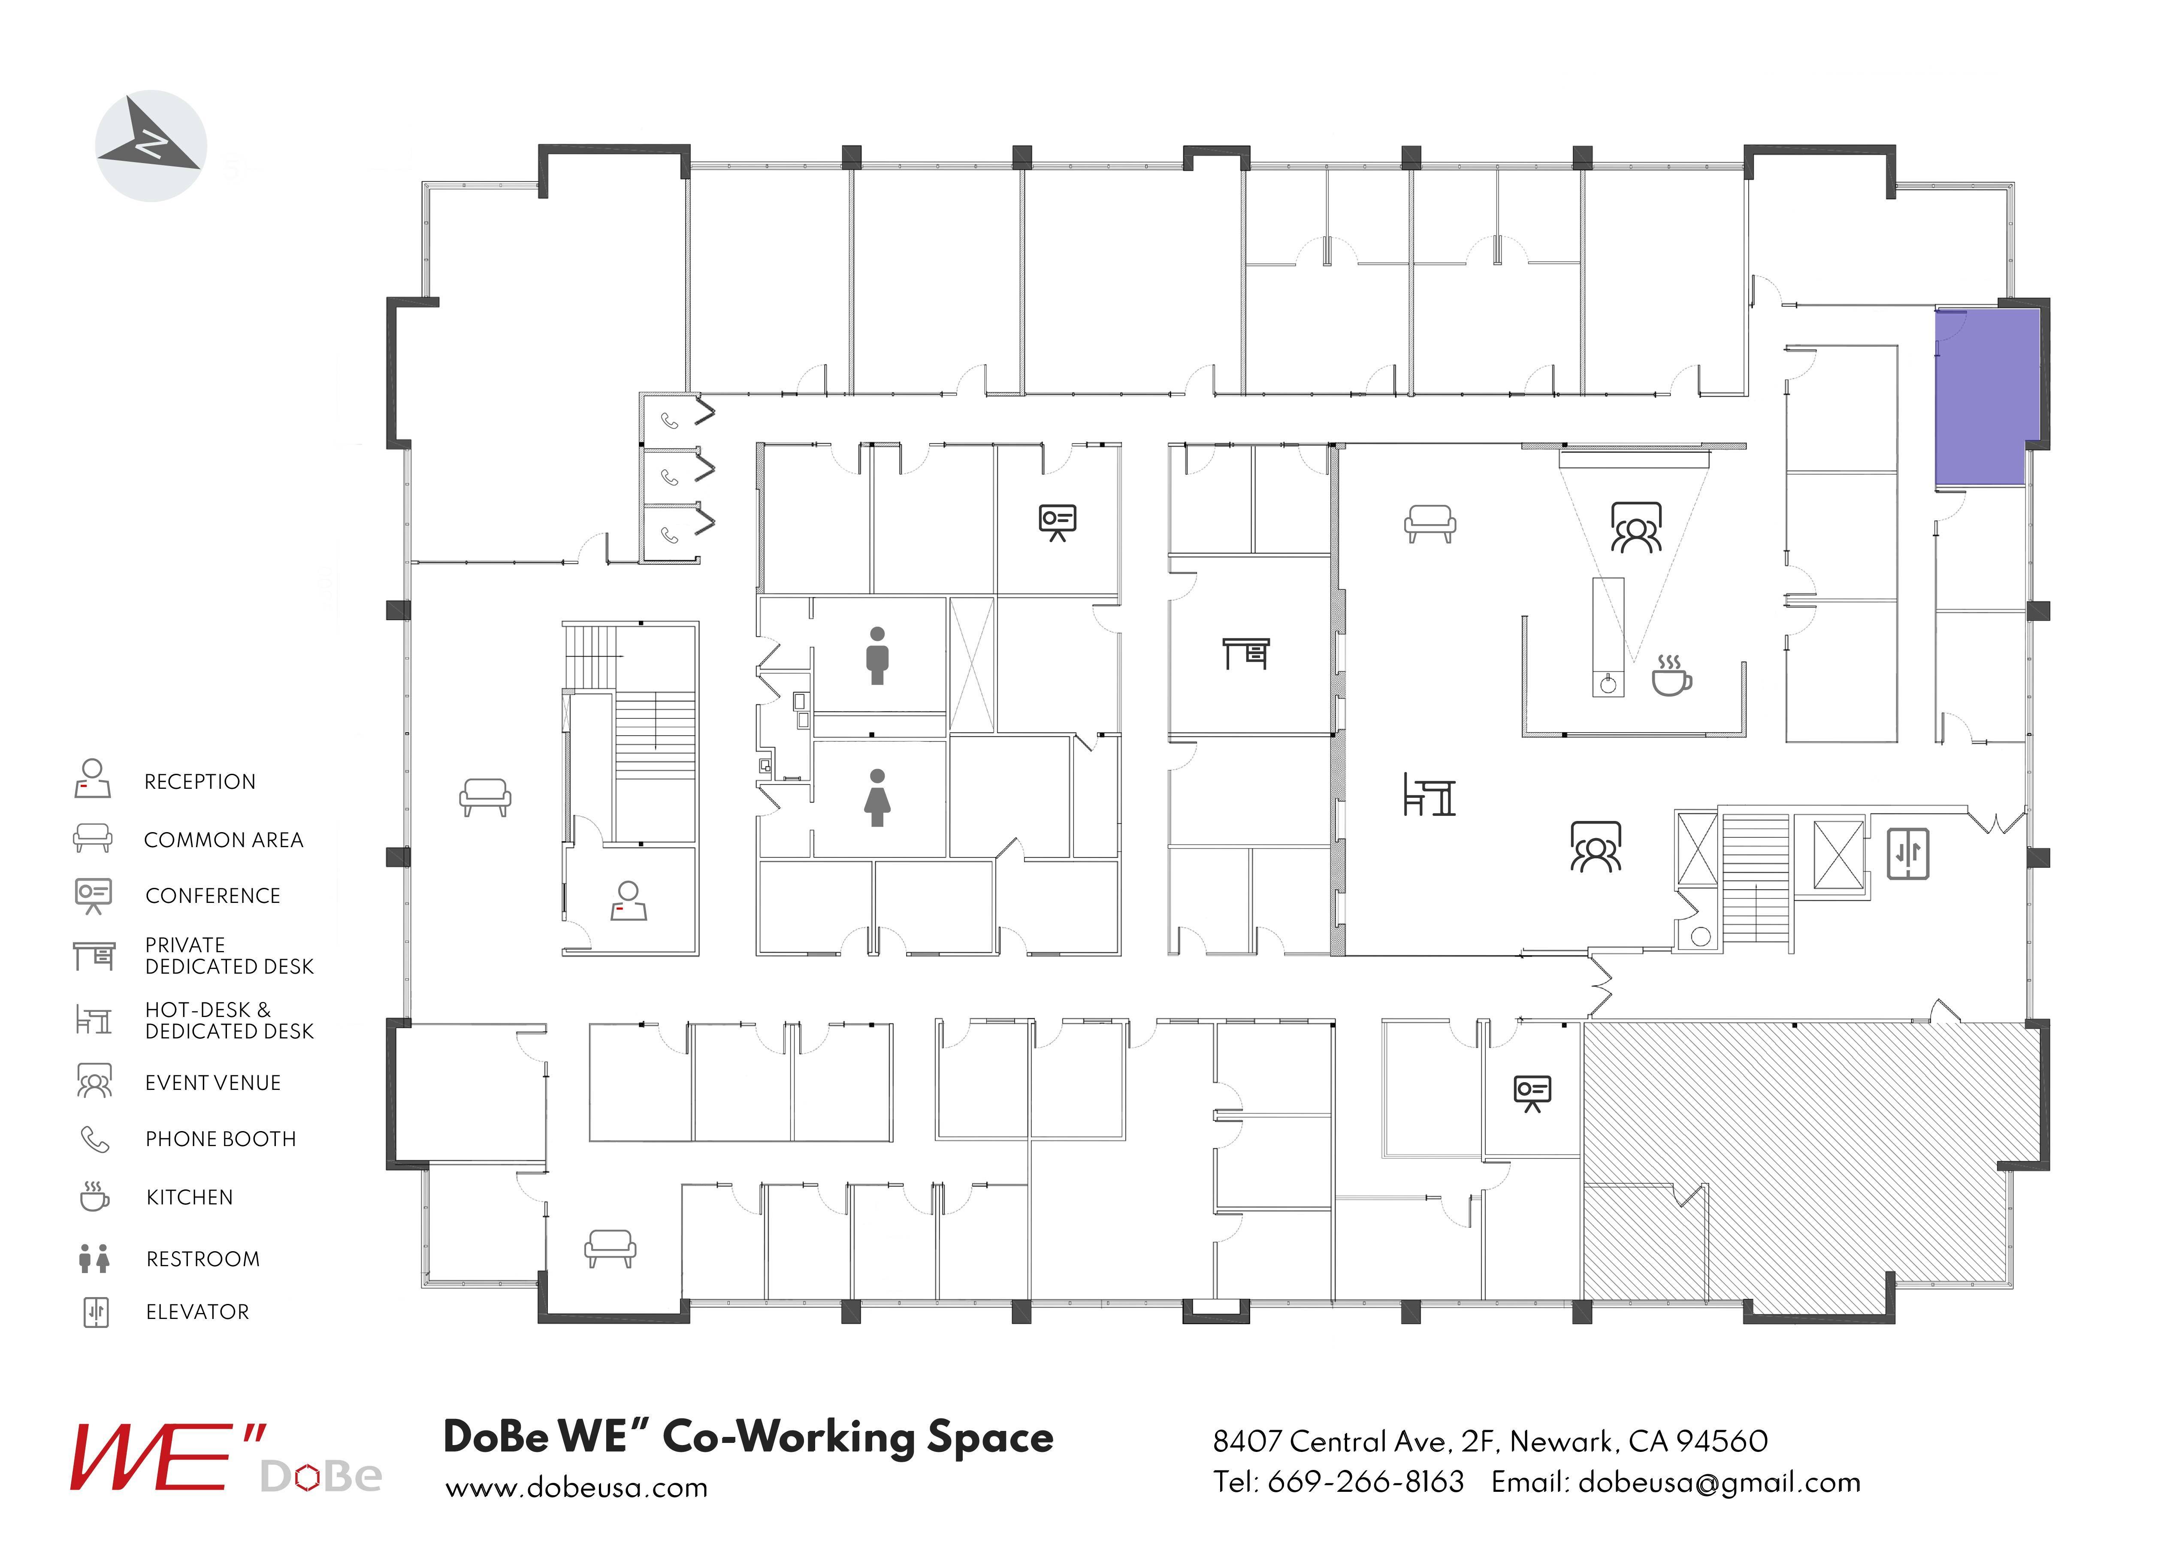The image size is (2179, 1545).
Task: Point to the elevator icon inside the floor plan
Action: [1908, 854]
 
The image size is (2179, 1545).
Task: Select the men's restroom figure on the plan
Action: [877, 655]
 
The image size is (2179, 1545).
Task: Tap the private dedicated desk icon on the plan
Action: [1245, 654]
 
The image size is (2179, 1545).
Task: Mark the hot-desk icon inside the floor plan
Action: [1429, 795]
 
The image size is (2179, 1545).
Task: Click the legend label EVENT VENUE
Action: [212, 1083]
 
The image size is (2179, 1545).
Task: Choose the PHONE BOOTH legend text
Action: [220, 1139]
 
